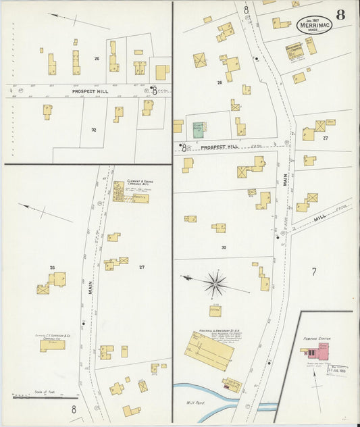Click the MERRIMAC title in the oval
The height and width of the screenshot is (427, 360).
[314, 26]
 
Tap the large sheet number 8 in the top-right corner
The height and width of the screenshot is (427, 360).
[341, 15]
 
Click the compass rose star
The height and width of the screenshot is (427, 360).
[215, 284]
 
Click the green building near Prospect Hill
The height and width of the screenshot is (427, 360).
[199, 130]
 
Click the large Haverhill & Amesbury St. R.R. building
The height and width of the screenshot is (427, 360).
[209, 350]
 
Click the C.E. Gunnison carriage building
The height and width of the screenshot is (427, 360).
[52, 345]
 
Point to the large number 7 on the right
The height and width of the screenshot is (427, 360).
[313, 272]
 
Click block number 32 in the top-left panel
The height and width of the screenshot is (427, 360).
[94, 129]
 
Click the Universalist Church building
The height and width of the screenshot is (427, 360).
[294, 51]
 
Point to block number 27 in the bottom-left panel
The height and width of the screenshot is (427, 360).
[142, 268]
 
